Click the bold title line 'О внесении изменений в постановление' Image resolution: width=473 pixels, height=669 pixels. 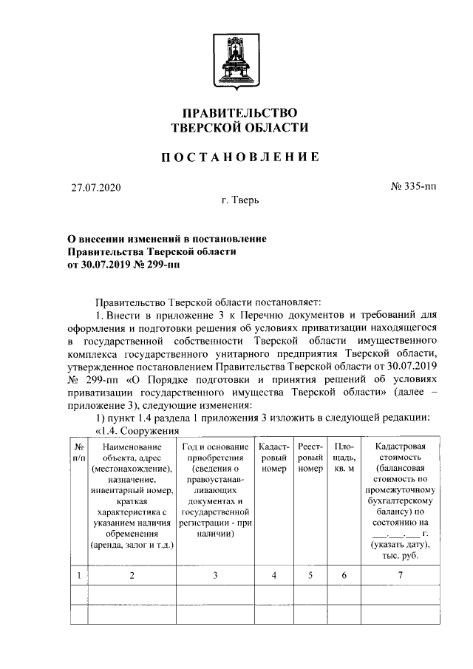(162, 239)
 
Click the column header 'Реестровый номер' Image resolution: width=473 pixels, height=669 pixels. (310, 458)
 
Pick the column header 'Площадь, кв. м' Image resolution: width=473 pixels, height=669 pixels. (344, 458)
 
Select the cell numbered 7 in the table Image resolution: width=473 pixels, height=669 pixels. (400, 574)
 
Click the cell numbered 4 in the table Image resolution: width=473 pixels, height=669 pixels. (273, 574)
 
